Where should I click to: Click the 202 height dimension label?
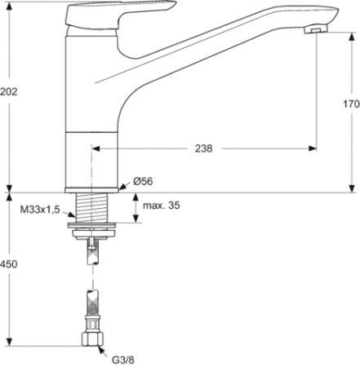9,91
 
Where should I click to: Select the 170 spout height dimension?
351,104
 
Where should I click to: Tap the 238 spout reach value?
203,148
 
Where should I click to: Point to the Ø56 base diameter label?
143,181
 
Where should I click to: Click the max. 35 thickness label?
162,206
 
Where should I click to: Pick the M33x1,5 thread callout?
40,210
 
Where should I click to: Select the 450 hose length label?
9,264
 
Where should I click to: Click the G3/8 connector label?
123,360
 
